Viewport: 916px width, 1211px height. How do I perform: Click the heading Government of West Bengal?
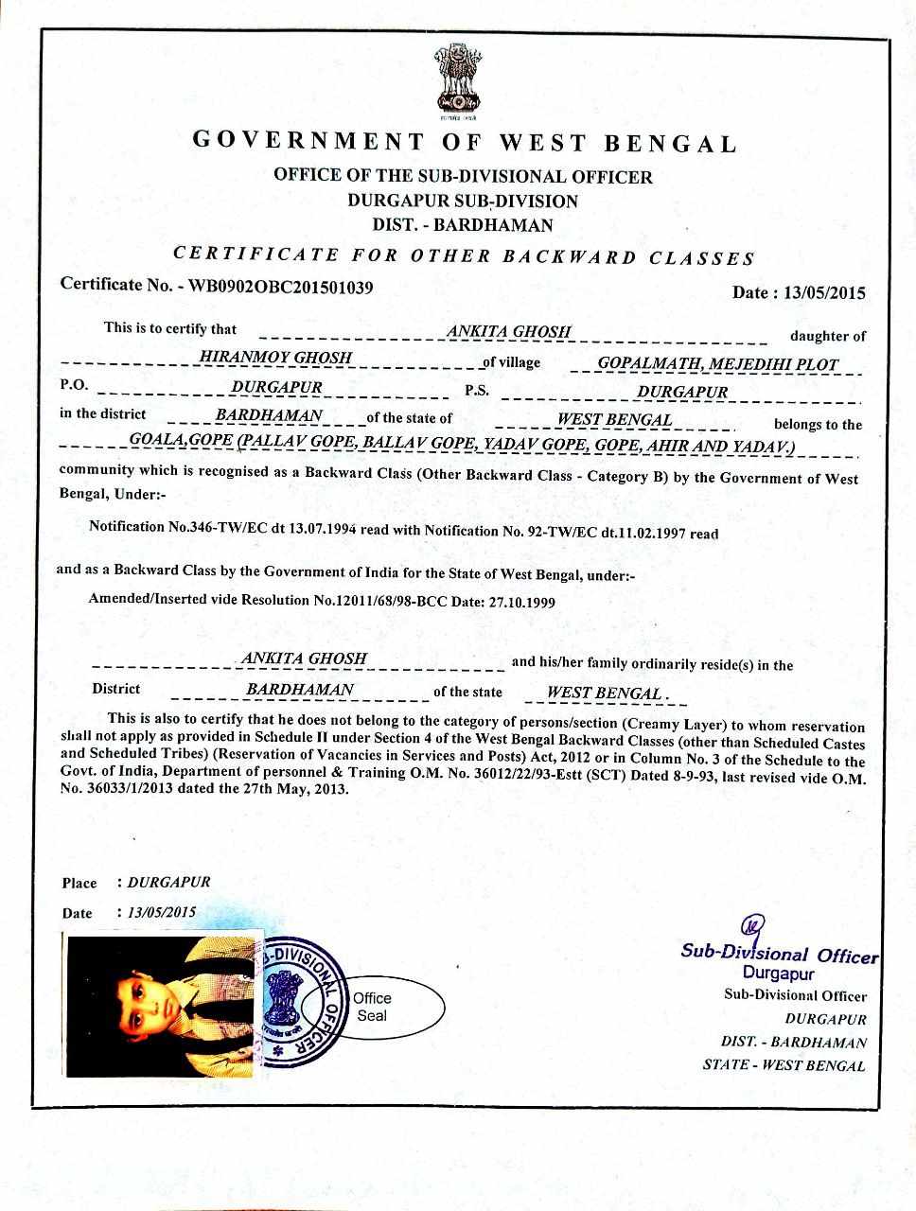click(464, 143)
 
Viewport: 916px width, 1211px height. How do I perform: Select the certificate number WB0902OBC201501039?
click(281, 286)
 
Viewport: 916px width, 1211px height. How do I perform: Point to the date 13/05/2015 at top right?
click(824, 292)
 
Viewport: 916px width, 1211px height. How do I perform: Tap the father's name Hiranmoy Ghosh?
click(276, 358)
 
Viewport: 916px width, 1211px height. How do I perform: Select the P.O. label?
click(74, 386)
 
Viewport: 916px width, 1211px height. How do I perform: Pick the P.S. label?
click(477, 391)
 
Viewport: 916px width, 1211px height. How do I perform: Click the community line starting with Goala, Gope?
click(462, 445)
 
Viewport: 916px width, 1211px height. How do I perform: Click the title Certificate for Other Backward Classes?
click(464, 255)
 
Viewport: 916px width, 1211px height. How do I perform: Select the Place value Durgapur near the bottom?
click(168, 882)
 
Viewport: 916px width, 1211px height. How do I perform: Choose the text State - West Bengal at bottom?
click(784, 1064)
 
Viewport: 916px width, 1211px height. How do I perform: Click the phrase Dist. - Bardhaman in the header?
click(463, 225)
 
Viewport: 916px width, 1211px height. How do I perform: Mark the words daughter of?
click(827, 336)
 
